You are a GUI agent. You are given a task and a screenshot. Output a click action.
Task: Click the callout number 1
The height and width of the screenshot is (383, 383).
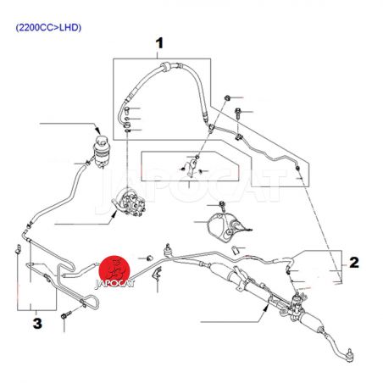point(159,43)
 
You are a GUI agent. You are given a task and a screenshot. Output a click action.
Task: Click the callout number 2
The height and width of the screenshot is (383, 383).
point(354,263)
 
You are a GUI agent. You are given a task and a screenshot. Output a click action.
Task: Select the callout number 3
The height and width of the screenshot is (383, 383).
point(37,324)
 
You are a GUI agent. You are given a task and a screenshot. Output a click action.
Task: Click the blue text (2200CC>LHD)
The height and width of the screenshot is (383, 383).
point(48,28)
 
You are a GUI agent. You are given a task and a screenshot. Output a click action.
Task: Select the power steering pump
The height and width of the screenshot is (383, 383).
point(129,202)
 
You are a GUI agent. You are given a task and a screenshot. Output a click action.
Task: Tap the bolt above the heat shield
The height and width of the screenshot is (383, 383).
point(222,206)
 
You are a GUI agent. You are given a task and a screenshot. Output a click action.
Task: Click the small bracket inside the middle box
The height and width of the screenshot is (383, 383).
point(191,168)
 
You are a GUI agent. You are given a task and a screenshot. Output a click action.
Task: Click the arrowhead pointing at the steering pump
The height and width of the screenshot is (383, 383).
point(114,214)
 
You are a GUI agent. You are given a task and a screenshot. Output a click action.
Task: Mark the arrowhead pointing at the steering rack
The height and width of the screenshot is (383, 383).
point(266,308)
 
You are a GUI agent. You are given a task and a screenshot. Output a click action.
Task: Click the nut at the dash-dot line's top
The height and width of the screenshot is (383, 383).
point(226,98)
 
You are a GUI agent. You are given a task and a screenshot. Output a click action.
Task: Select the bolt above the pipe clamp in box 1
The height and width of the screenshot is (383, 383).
point(238,114)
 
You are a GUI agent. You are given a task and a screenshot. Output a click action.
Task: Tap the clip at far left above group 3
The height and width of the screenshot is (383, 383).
point(18,249)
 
